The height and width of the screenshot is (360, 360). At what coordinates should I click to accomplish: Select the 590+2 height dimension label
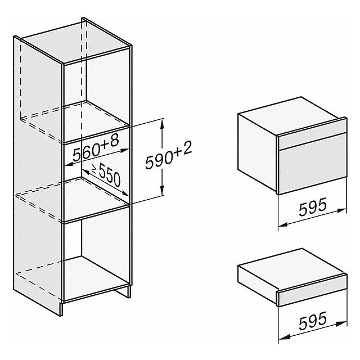pos(168,155)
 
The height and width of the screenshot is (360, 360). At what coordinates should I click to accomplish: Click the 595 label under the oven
pos(313,206)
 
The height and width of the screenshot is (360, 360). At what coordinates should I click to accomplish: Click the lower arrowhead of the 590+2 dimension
pos(163,190)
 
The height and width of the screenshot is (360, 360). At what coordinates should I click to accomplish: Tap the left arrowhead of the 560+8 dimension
pos(69,164)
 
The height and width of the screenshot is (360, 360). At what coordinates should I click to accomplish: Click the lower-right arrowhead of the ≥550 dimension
pos(125,193)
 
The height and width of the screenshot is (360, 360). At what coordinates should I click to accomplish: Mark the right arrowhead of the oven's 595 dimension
pos(341,210)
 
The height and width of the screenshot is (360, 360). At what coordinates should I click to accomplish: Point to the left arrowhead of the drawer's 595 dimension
pos(283,337)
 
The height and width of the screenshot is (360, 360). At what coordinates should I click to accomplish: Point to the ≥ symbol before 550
pos(94,169)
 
